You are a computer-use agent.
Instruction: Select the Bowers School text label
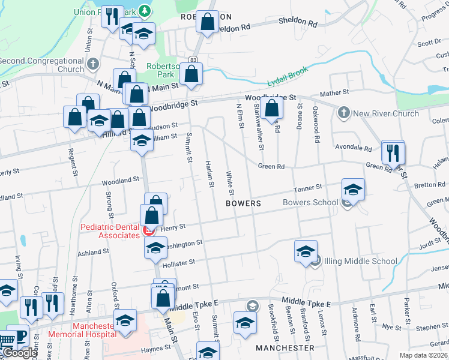310,202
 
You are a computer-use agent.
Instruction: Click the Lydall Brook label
288,77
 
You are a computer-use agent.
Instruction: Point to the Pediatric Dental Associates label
110,231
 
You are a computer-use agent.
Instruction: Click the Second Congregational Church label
41,65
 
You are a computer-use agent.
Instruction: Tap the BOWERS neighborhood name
243,204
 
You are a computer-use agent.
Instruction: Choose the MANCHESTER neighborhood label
285,348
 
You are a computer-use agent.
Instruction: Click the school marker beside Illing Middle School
306,251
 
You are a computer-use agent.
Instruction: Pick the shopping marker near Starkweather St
272,109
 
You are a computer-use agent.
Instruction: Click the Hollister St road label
179,262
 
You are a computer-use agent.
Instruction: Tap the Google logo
19,353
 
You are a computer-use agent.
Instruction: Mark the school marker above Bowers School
354,190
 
